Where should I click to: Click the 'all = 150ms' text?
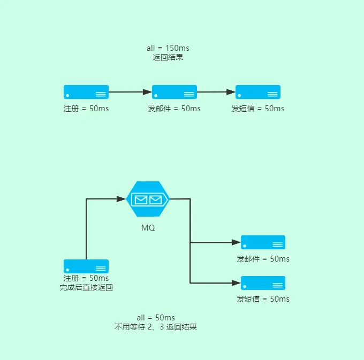(x=168, y=48)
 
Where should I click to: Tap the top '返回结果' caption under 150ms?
(x=168, y=57)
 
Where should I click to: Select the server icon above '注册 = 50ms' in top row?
(x=86, y=92)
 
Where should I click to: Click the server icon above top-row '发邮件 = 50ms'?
(x=175, y=92)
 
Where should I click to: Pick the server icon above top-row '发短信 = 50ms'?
(x=258, y=92)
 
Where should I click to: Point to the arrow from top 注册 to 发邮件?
(x=130, y=92)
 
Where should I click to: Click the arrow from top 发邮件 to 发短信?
(x=216, y=92)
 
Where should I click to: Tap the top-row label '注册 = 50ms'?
(x=86, y=109)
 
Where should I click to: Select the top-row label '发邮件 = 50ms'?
(x=175, y=109)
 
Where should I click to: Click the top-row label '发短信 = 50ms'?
(x=258, y=109)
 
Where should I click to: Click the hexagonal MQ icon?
(x=148, y=200)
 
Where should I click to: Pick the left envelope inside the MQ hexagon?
(x=141, y=200)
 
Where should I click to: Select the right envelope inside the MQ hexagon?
(x=155, y=200)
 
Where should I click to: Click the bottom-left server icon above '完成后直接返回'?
(x=86, y=266)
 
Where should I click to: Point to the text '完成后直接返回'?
(x=86, y=288)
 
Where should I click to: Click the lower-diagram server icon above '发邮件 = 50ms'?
(x=263, y=242)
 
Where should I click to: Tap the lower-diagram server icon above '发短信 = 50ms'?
(x=263, y=283)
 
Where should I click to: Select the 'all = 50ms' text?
(x=156, y=318)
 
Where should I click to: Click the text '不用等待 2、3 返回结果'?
(x=156, y=327)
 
